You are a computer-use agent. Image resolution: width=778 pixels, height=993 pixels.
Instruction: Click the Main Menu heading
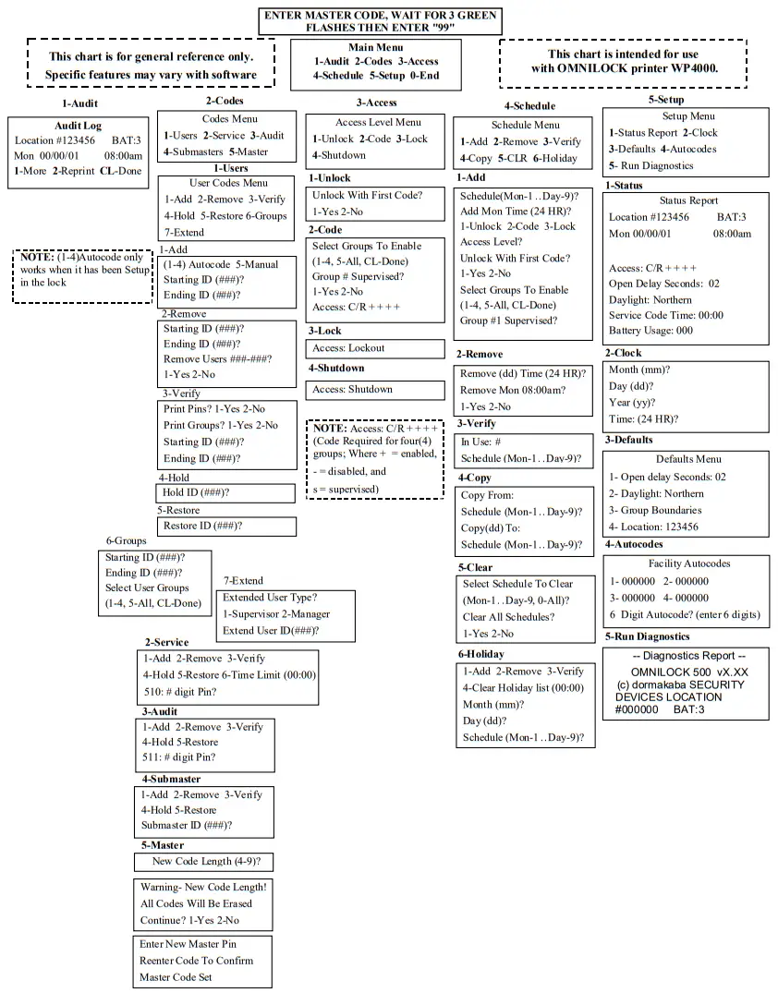[x=375, y=47]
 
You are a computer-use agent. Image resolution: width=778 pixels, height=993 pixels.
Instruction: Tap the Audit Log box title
[x=79, y=126]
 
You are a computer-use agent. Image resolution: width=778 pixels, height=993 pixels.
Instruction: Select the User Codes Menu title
[x=228, y=183]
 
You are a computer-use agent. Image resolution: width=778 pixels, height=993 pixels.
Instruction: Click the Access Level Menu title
[x=376, y=122]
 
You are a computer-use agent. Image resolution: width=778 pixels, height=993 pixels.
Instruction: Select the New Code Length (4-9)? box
[x=205, y=862]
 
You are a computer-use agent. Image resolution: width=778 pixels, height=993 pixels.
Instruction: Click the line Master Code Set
[x=176, y=976]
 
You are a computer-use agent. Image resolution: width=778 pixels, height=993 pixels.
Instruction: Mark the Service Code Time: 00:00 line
[x=665, y=315]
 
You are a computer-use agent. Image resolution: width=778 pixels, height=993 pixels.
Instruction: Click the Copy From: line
[x=485, y=495]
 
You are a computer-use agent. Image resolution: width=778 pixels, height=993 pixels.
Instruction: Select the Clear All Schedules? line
[x=508, y=617]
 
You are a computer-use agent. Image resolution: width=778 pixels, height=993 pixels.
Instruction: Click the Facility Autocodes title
[x=688, y=563]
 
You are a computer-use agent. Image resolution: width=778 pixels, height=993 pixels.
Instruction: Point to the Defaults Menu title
[x=688, y=459]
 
